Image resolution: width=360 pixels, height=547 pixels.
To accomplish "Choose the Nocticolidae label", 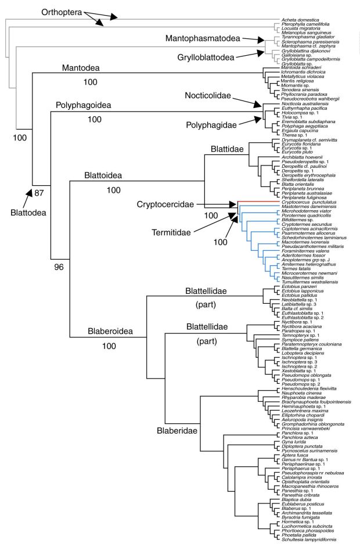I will [x=218, y=95].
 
